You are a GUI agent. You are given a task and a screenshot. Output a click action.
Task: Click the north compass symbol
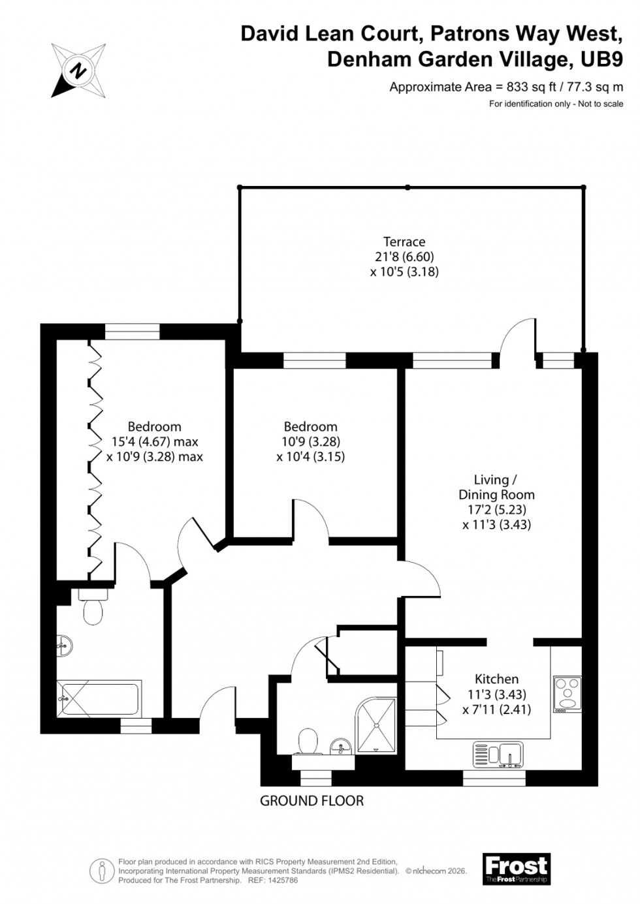[79, 70]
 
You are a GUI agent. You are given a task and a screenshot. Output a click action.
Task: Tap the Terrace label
[404, 242]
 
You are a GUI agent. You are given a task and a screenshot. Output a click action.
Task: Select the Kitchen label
[496, 679]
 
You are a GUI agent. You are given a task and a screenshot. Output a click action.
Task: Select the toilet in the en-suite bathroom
[92, 608]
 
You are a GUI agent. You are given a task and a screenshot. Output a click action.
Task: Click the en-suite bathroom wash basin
[64, 646]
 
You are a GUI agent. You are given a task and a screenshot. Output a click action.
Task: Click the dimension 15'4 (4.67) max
[154, 442]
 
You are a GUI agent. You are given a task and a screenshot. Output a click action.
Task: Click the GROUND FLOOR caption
[312, 800]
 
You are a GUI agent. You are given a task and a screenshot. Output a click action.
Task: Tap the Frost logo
[516, 869]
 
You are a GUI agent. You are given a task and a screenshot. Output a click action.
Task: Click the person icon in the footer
[101, 870]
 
